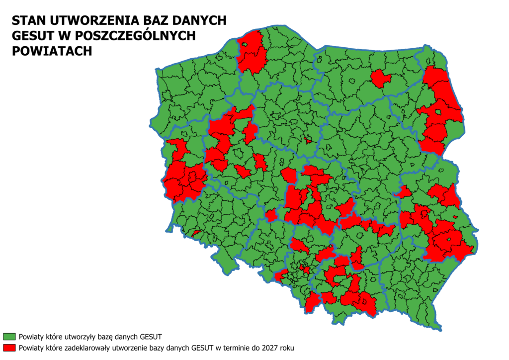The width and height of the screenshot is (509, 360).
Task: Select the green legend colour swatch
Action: click(9, 336)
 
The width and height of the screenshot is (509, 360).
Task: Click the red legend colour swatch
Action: click(9, 347)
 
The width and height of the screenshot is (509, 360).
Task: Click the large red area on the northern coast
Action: click(252, 52)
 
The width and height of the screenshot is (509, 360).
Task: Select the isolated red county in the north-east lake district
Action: click(380, 78)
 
